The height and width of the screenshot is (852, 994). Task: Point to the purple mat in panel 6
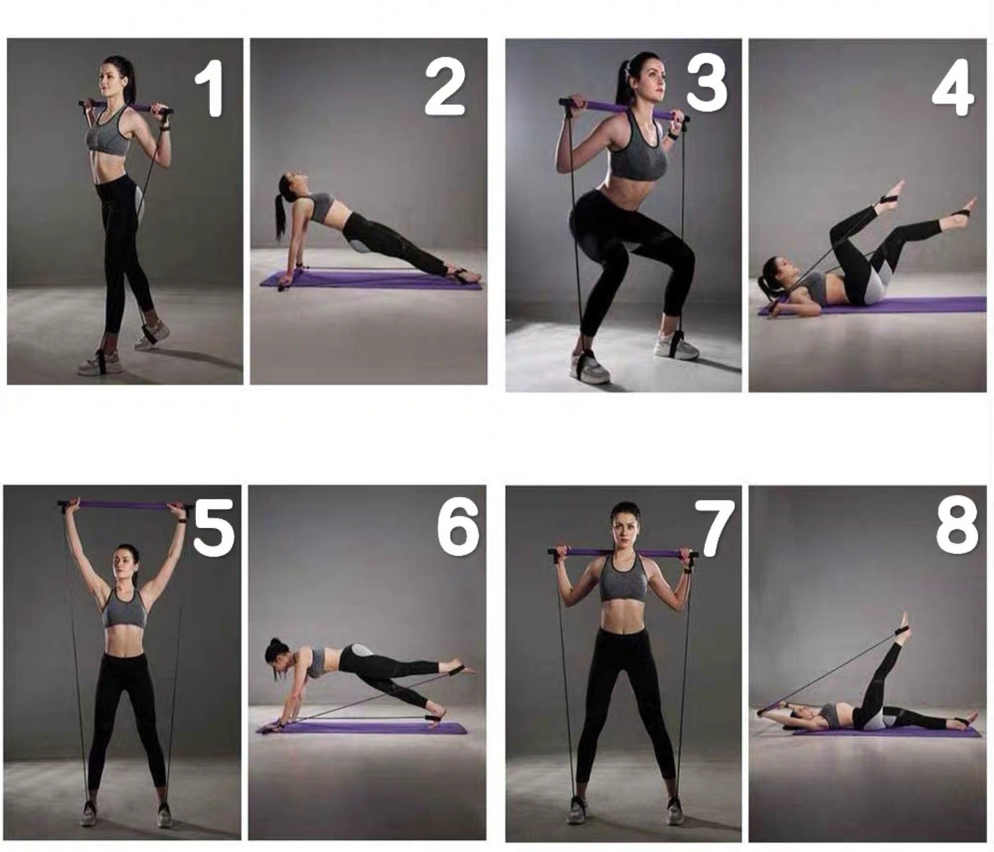point(361,727)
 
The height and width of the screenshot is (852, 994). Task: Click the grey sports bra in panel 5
point(124,610)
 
